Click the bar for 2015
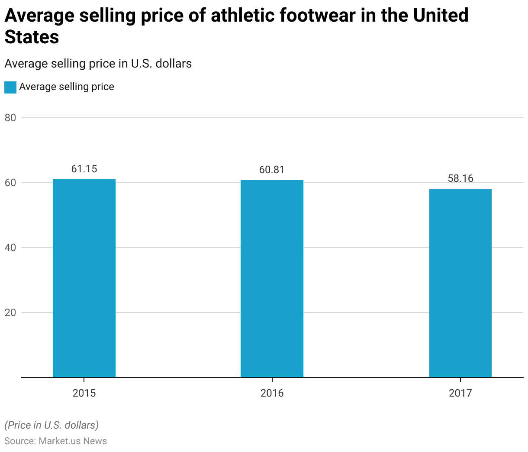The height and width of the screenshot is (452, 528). [x=84, y=278]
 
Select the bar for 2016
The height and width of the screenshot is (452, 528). [x=272, y=278]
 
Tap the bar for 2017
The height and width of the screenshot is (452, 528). [x=460, y=283]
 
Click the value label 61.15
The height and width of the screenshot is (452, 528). [x=84, y=169]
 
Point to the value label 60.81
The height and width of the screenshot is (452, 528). [x=272, y=170]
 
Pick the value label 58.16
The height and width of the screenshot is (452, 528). [x=460, y=178]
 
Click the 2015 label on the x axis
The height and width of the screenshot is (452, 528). [x=84, y=393]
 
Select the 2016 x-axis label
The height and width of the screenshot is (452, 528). [x=272, y=393]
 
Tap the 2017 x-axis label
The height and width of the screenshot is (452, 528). [x=460, y=393]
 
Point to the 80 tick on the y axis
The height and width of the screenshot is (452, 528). [x=10, y=118]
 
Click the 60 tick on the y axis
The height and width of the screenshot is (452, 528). [x=10, y=183]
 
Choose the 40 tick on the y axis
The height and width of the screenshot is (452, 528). [x=10, y=248]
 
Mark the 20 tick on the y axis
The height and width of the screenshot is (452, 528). [x=10, y=313]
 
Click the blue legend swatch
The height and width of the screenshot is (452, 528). [x=10, y=87]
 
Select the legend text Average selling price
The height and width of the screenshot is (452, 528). [x=67, y=87]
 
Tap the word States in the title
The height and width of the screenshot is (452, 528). [x=32, y=37]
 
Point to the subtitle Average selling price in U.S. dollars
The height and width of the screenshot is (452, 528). [x=98, y=64]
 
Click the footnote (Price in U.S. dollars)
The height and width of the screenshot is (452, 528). [x=52, y=425]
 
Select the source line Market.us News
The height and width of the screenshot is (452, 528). [x=55, y=441]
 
